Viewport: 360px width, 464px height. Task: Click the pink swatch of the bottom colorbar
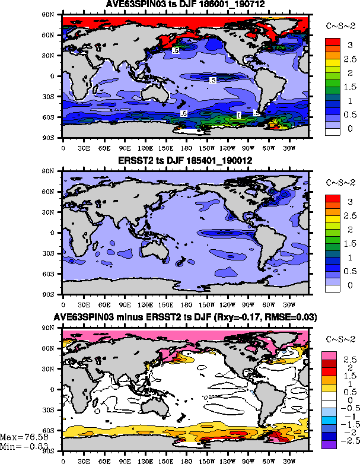[x=330, y=355]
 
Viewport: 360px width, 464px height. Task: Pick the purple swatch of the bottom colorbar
[x=330, y=444]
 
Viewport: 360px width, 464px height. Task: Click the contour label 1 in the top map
[x=238, y=115]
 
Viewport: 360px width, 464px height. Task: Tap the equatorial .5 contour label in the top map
[x=214, y=80]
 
